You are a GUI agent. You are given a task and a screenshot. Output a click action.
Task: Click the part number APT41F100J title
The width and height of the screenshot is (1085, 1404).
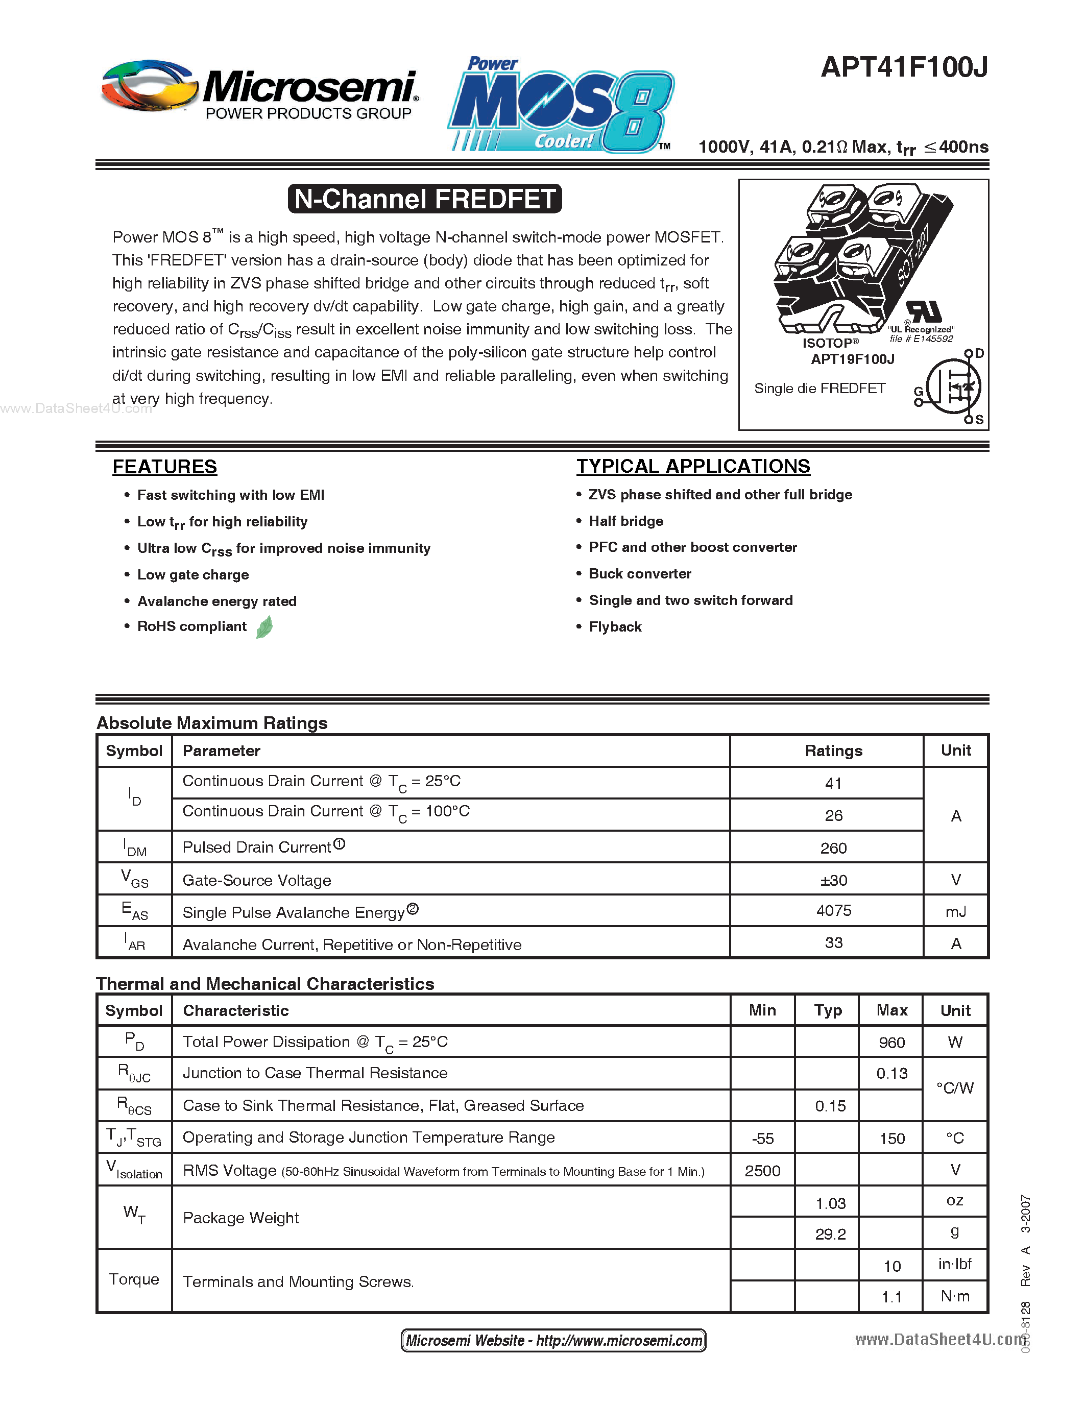coord(904,67)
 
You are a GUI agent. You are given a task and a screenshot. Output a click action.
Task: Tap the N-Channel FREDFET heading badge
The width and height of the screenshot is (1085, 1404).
coord(425,199)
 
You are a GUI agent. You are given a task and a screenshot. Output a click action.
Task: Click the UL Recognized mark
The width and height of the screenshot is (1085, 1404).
coord(923,312)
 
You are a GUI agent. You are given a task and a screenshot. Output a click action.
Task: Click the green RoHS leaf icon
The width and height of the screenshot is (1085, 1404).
coord(264,627)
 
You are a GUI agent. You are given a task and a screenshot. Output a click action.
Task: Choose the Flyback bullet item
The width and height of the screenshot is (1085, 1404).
coord(615,627)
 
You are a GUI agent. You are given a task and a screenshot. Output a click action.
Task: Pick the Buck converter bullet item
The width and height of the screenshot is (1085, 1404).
coord(640,573)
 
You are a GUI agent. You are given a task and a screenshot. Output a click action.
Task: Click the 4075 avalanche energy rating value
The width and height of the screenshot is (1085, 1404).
coord(834,910)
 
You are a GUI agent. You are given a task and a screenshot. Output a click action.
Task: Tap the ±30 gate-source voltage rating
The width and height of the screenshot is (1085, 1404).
coord(834,880)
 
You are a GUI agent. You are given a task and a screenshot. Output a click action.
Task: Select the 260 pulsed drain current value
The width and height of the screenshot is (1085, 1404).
coord(834,848)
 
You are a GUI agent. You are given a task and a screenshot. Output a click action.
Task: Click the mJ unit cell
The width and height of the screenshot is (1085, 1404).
coord(956,911)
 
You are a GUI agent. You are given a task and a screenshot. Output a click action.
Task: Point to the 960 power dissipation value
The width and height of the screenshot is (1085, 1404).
coord(891,1043)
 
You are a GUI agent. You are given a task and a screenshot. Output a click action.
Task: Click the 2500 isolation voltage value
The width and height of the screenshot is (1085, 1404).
coord(762,1171)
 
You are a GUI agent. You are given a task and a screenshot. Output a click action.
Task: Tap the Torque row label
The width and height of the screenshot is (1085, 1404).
coord(134,1279)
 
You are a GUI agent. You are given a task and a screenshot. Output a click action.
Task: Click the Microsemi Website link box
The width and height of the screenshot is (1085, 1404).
coord(553,1340)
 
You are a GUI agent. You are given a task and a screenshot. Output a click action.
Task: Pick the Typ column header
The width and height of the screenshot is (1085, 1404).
coord(828,1010)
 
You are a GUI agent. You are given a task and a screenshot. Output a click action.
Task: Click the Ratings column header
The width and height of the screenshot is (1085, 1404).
coord(834,751)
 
